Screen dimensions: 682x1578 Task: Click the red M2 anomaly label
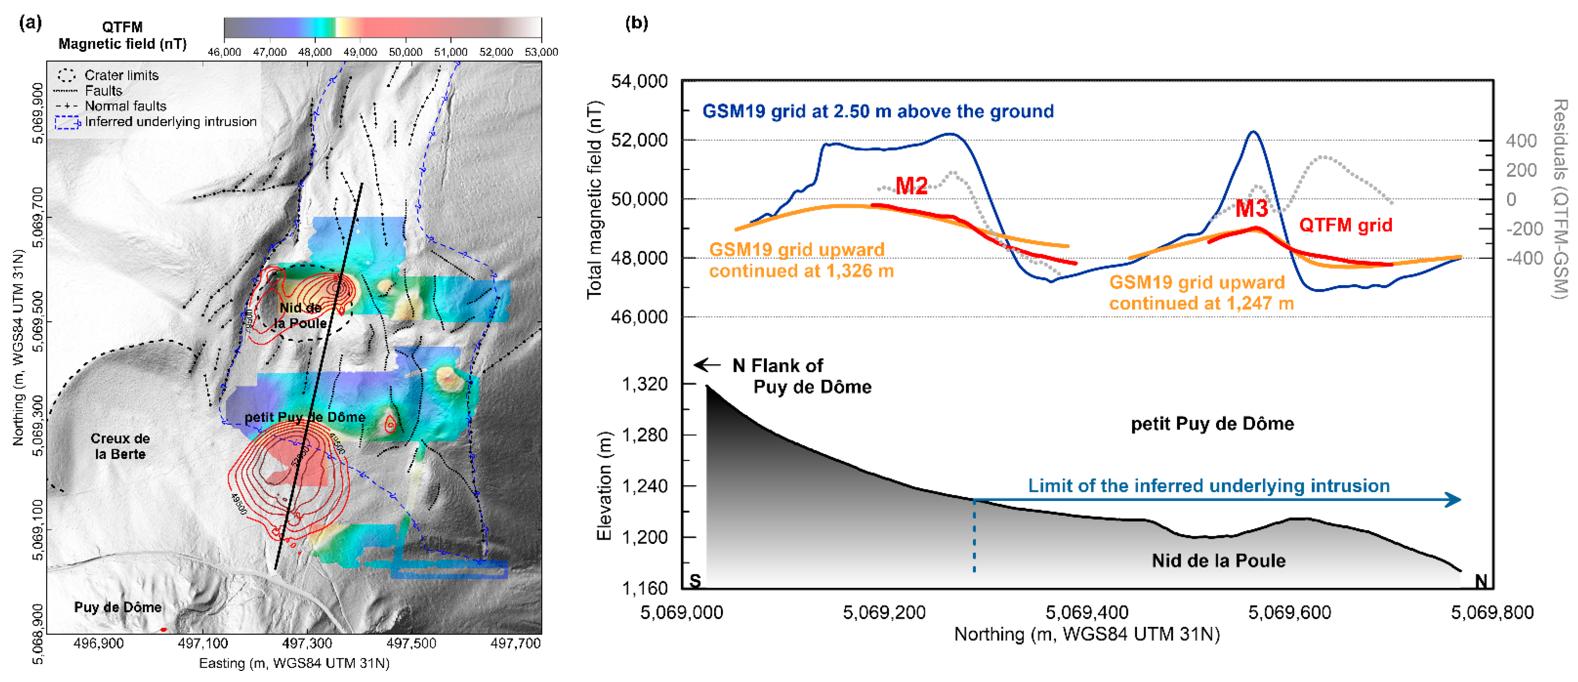point(911,186)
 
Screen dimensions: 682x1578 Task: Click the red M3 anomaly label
point(1251,209)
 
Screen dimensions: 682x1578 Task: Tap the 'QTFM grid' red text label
point(1345,225)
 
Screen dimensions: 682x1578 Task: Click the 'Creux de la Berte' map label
point(120,446)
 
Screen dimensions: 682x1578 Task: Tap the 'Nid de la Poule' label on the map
point(300,315)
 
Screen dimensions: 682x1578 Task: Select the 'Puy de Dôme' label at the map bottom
point(118,607)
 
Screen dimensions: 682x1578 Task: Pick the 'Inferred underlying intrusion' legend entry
point(170,122)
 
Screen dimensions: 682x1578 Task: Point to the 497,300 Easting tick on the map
point(307,643)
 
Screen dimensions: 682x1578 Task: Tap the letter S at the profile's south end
point(694,580)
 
